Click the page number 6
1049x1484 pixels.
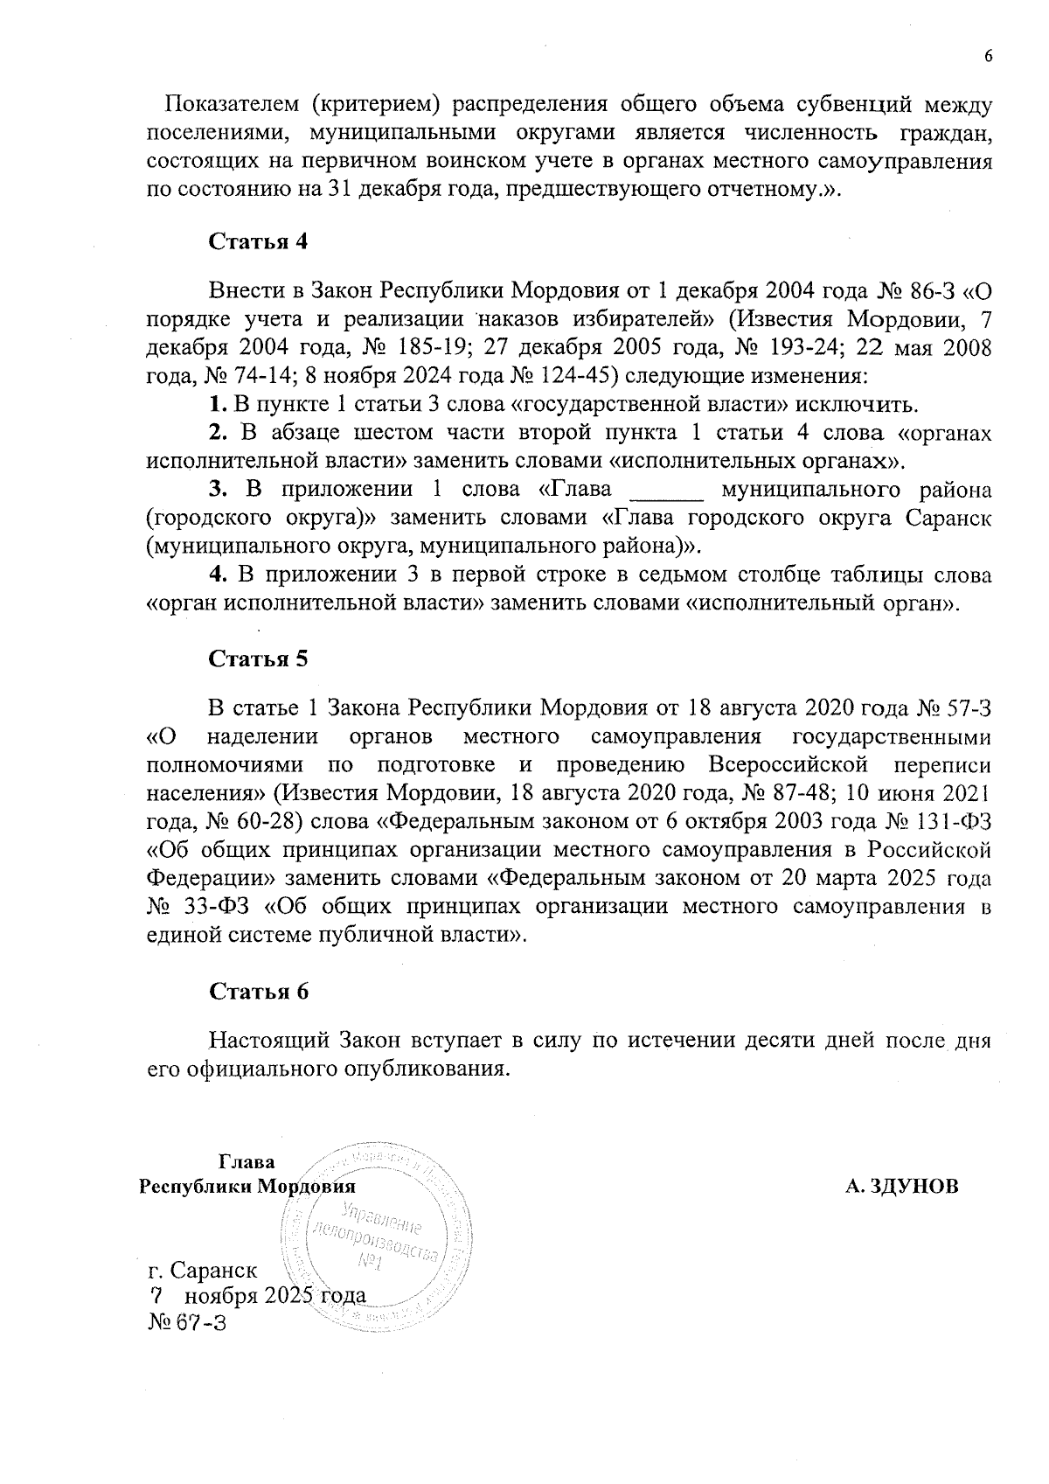(989, 57)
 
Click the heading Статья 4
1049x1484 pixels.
(258, 242)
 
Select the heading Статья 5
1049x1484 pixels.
(258, 658)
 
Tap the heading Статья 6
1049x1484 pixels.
(258, 991)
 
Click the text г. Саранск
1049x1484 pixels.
(203, 1269)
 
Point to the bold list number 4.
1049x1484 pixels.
(218, 575)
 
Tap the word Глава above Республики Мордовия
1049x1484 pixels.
(246, 1161)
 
